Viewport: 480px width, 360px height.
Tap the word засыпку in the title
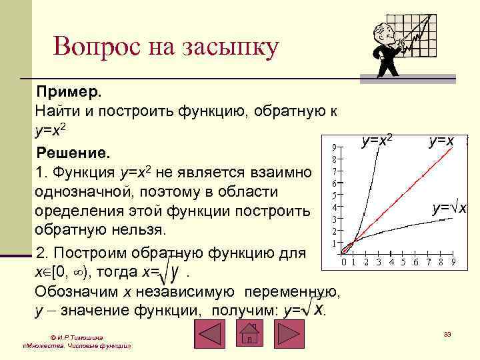(x=226, y=48)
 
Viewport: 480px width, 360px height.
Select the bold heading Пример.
(x=68, y=90)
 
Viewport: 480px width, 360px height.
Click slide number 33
(x=447, y=333)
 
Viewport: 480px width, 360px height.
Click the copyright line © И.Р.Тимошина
(x=76, y=337)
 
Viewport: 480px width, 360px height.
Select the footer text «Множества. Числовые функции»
(x=76, y=347)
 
